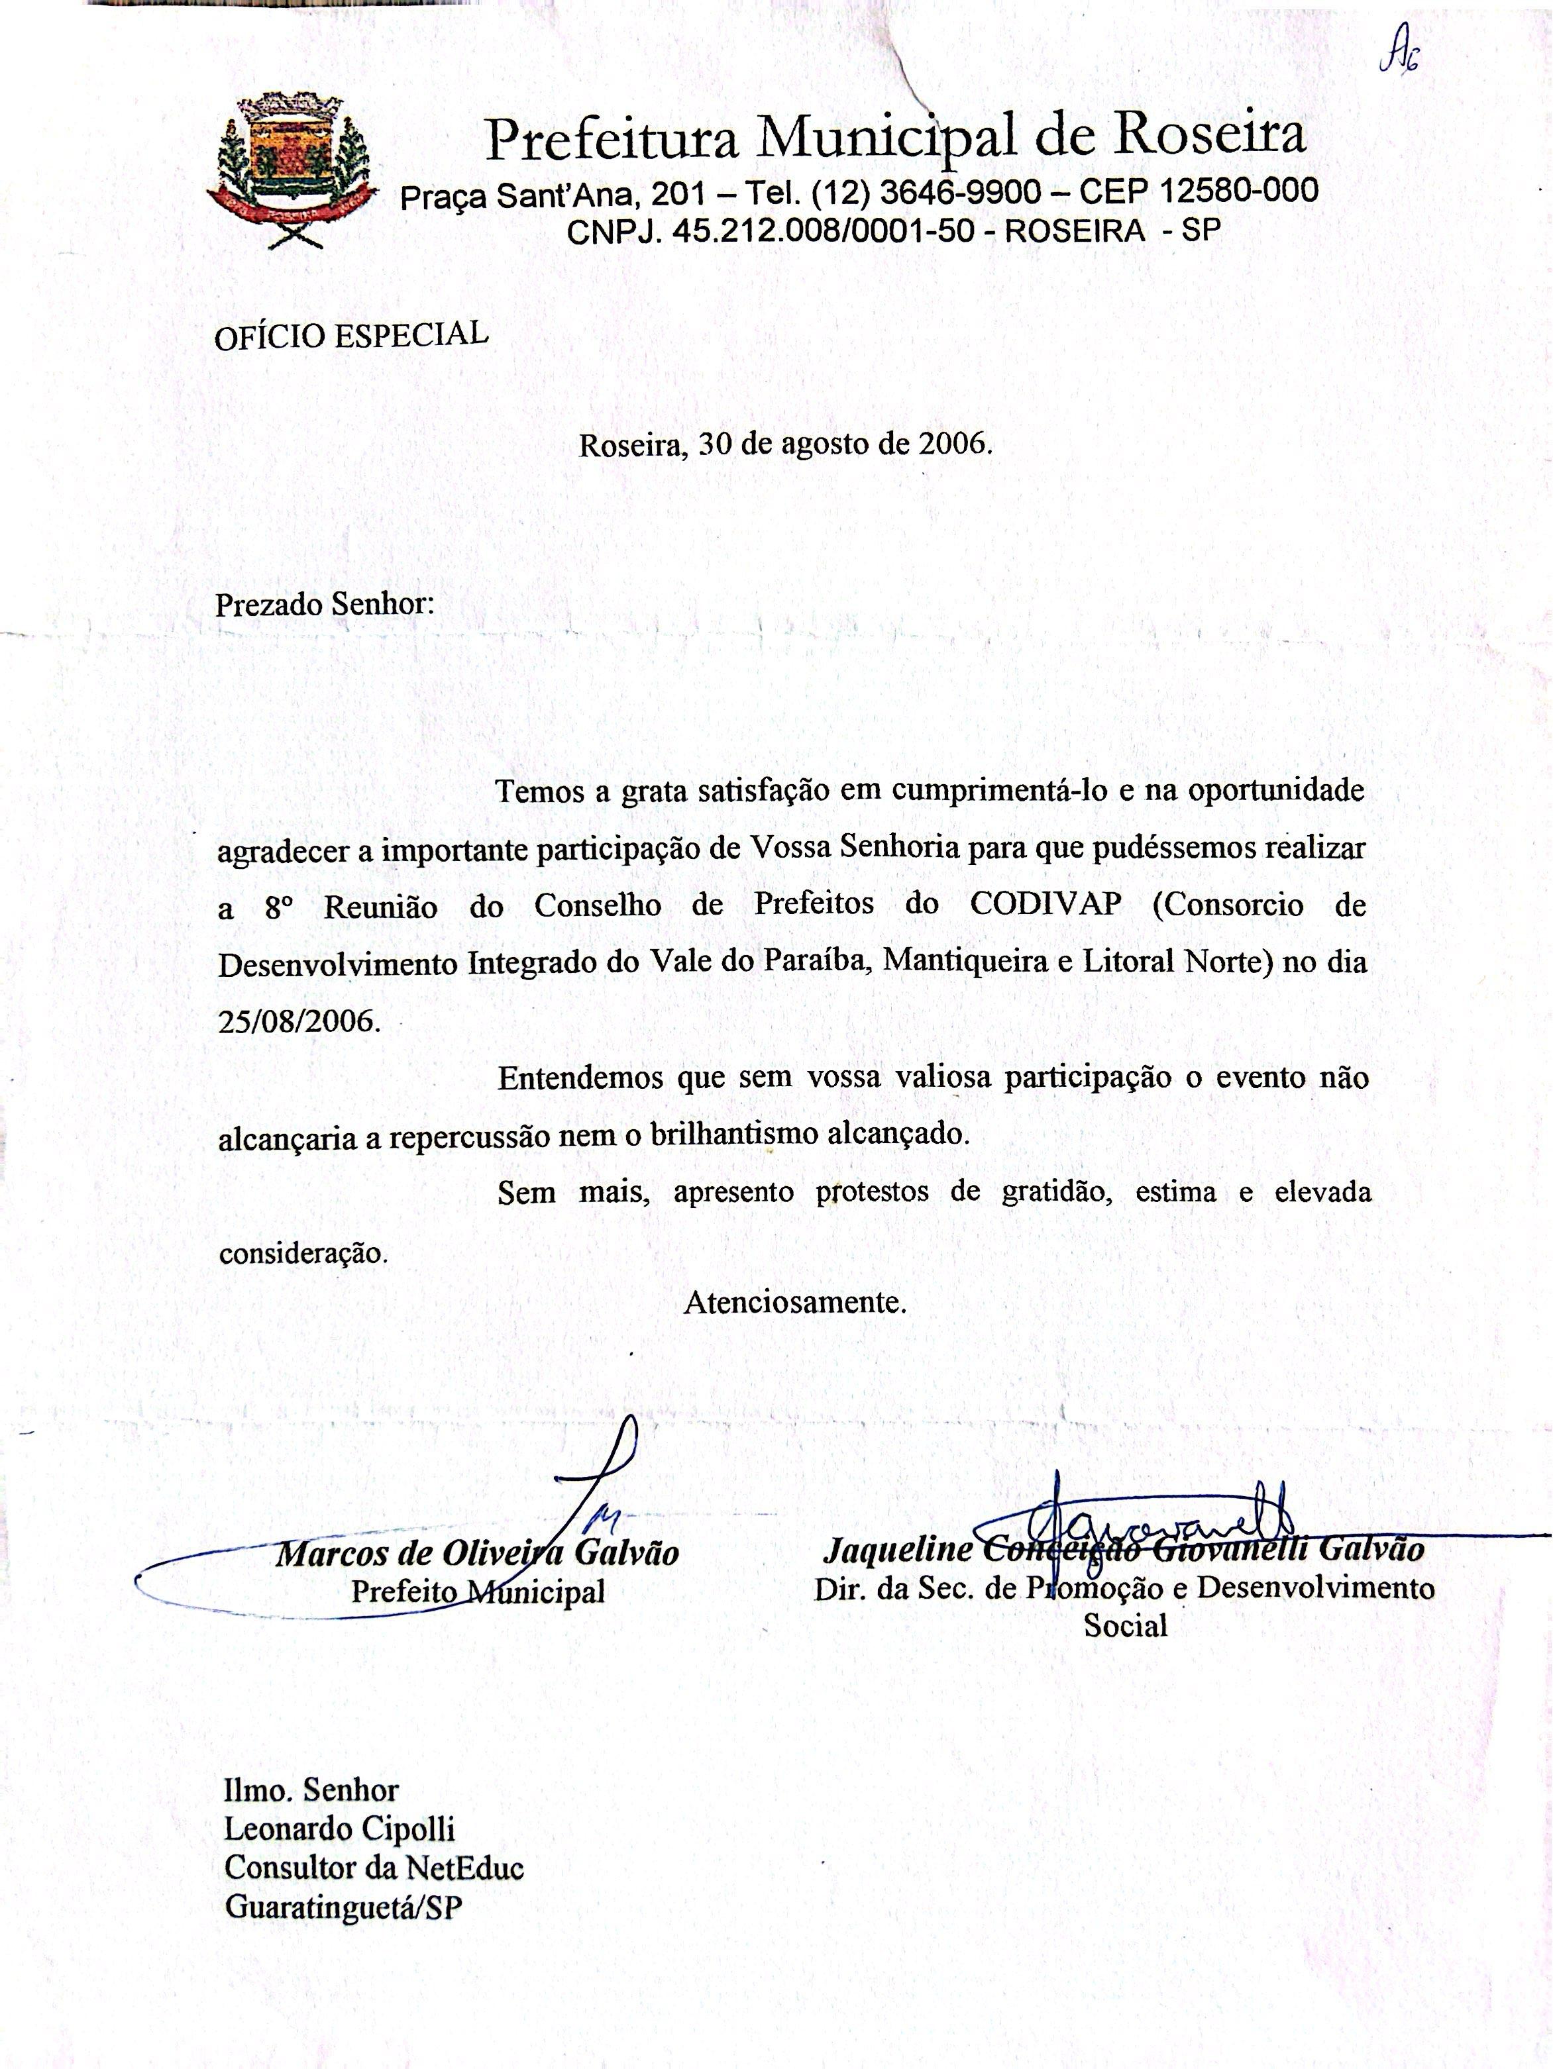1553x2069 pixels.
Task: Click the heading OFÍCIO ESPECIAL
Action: coord(351,335)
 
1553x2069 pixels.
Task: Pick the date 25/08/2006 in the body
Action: coord(299,1019)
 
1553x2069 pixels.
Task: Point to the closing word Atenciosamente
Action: coord(795,1303)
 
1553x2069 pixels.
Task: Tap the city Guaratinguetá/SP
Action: coord(343,1907)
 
